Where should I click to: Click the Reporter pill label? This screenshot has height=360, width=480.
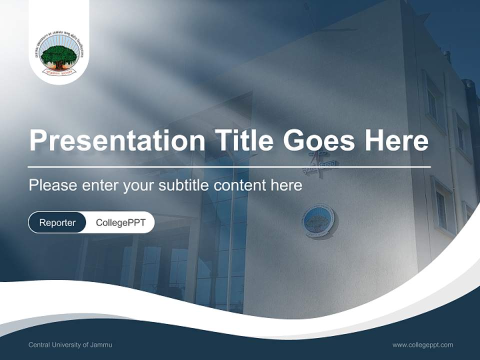[57, 222]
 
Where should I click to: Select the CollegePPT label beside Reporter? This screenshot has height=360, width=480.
[120, 222]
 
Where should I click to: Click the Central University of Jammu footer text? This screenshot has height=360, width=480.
[70, 345]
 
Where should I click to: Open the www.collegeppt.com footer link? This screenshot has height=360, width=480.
[422, 345]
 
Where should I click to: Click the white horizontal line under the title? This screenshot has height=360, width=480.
[229, 166]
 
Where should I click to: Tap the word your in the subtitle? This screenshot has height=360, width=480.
[138, 185]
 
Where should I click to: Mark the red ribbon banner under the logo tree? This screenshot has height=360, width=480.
[59, 71]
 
